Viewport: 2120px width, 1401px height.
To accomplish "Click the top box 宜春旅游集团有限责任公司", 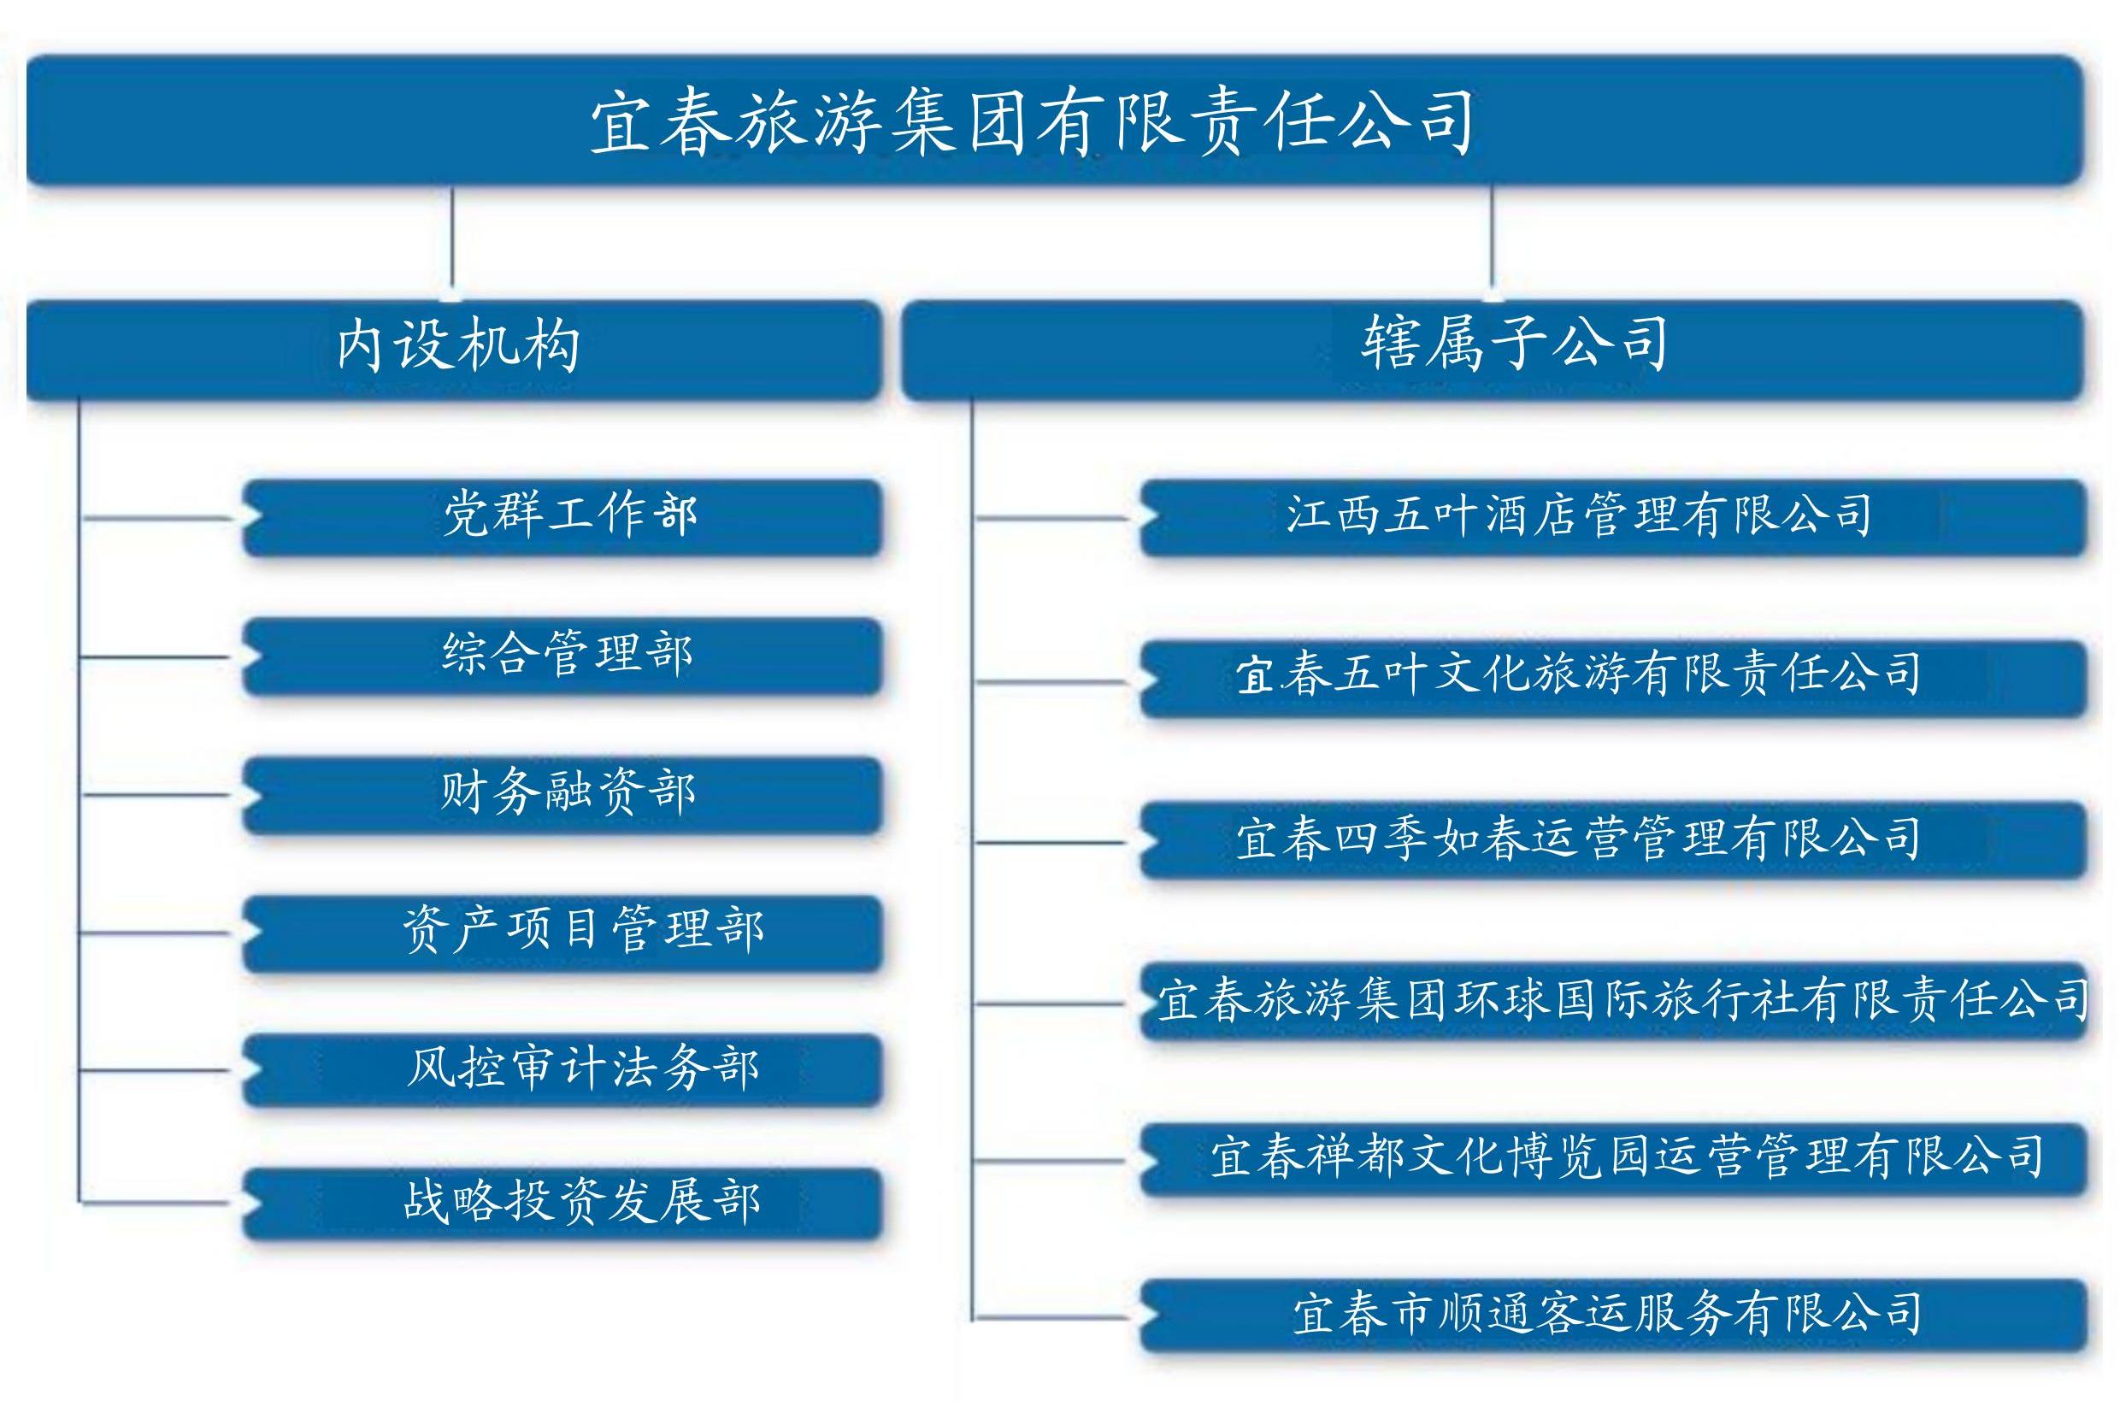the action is click(x=1054, y=121).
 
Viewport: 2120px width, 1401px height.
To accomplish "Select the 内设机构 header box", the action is click(x=454, y=350).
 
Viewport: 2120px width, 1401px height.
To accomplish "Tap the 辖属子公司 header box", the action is click(x=1492, y=350).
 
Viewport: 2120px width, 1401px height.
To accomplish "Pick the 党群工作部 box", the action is click(x=562, y=517).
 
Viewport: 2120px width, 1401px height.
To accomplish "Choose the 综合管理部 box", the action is click(x=562, y=656).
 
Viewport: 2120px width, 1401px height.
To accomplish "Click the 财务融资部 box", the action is click(x=562, y=794).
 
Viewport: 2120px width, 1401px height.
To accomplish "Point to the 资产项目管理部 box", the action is click(x=562, y=933).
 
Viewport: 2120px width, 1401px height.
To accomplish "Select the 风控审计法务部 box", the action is click(x=562, y=1069).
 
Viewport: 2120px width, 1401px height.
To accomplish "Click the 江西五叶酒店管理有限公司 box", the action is click(x=1613, y=517).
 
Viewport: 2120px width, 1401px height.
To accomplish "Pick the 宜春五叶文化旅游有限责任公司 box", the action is click(x=1613, y=678).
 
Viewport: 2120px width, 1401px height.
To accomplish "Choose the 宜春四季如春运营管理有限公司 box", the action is click(x=1613, y=840).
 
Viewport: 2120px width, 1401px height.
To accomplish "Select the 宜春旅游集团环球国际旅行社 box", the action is click(x=1613, y=1001).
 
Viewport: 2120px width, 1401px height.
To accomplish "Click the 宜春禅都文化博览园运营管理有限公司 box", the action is click(x=1613, y=1159).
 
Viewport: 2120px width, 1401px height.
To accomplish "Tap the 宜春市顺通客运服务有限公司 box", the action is click(x=1613, y=1316).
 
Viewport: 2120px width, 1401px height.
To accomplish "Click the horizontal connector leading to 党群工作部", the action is click(x=157, y=517).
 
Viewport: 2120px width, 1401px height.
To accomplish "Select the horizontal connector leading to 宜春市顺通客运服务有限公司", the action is click(x=1051, y=1317).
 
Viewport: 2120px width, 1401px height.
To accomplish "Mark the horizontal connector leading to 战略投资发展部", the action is click(x=156, y=1203).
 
